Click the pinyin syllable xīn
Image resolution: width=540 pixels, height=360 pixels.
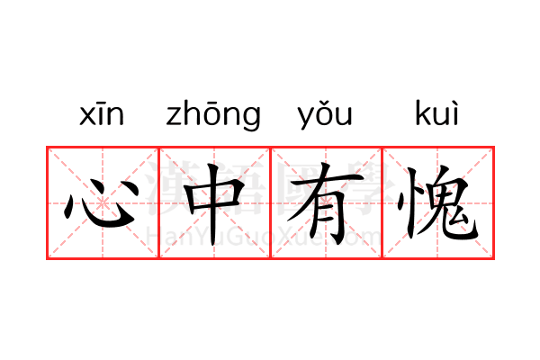tap(102, 113)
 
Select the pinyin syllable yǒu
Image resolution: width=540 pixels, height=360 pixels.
tap(325, 115)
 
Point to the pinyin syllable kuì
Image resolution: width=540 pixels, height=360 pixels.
tap(437, 113)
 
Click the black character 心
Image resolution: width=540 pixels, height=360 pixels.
tap(101, 204)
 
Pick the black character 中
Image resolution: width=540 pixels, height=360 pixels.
tap(214, 203)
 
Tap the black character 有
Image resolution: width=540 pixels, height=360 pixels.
tap(325, 203)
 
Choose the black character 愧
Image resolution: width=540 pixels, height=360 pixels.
tap(437, 203)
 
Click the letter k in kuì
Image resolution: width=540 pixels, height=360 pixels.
tap(422, 112)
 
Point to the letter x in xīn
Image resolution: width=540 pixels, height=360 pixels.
tap(86, 115)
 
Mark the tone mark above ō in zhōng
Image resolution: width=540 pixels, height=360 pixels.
tap(213, 102)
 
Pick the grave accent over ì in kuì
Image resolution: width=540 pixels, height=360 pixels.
tap(454, 103)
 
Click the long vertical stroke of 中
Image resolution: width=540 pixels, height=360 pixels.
tap(214, 204)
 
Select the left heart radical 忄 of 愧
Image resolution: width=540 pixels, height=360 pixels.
tap(407, 203)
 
